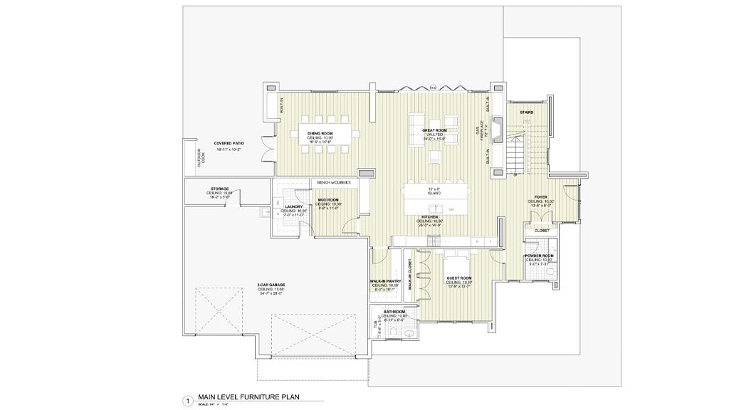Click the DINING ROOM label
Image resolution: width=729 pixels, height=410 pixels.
(320, 133)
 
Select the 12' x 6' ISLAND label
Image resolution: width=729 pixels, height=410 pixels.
(434, 191)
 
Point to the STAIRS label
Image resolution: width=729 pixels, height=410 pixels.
(527, 112)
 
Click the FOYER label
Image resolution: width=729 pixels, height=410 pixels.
(541, 197)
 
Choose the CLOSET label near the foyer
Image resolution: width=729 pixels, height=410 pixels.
(542, 231)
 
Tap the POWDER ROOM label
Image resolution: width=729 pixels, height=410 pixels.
(540, 255)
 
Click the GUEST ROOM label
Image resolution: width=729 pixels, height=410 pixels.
(458, 278)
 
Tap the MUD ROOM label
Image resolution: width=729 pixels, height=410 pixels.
(328, 200)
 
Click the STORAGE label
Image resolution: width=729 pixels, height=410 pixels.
(219, 189)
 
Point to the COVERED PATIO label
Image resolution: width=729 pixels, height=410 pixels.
(229, 143)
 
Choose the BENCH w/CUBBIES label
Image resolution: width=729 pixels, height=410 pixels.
(333, 182)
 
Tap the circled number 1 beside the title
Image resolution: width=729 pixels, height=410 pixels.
(187, 401)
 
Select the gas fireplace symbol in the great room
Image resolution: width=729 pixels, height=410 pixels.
(501, 131)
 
